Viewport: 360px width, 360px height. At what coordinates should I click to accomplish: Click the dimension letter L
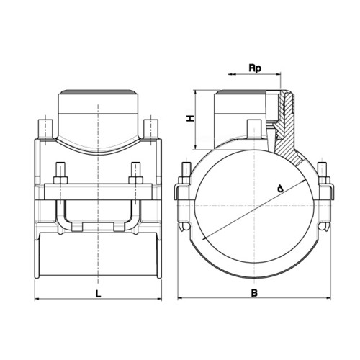click(98, 294)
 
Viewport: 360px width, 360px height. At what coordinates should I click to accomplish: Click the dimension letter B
click(254, 293)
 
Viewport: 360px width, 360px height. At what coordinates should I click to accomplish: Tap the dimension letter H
click(191, 118)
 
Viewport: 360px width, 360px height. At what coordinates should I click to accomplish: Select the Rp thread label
click(255, 68)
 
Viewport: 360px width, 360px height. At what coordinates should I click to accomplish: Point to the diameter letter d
click(280, 189)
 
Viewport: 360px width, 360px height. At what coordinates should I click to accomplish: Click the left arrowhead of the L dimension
click(38, 299)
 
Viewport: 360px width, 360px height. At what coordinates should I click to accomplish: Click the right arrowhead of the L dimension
click(159, 299)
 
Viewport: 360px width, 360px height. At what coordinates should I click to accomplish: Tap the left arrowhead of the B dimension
click(181, 298)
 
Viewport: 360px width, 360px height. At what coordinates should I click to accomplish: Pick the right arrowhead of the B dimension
click(328, 298)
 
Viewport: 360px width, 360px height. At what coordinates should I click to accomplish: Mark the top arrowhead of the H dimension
click(196, 94)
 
